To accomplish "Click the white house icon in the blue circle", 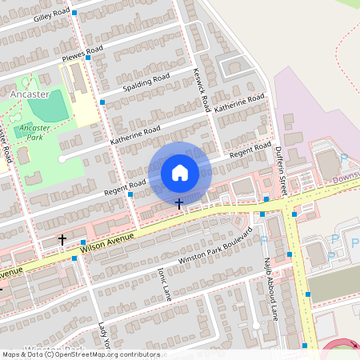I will point(179,172).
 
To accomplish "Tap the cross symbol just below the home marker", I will point(178,204).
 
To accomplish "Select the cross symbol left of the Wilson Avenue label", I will point(62,239).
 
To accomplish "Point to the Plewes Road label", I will point(82,57).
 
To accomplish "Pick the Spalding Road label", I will point(146,83).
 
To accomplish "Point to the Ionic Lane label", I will point(165,282).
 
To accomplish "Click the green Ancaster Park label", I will point(34,132).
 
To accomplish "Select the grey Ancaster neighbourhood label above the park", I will point(30,94).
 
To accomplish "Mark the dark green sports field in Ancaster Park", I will point(50,106).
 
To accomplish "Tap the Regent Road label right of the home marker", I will point(250,150).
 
